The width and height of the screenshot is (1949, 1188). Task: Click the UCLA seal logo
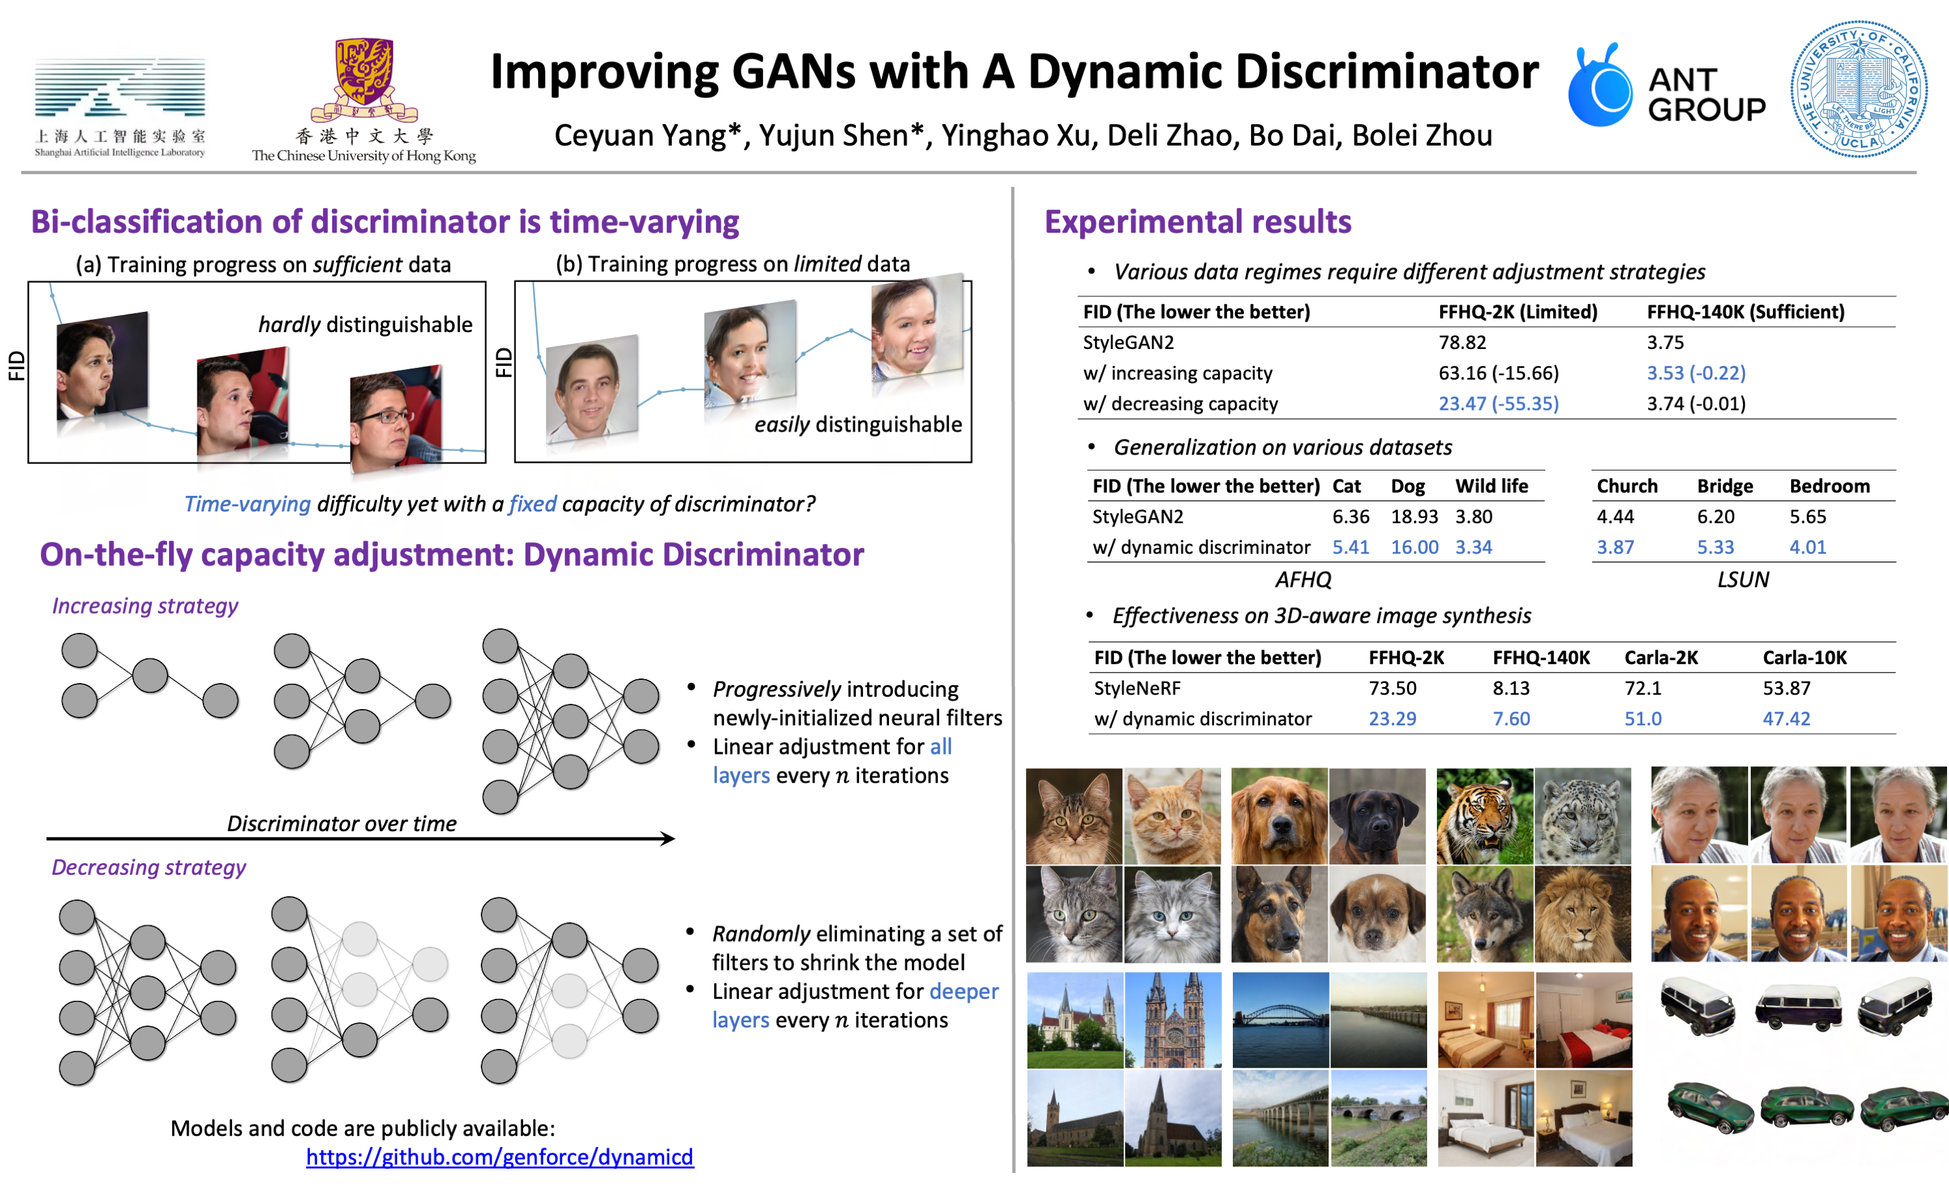1858,90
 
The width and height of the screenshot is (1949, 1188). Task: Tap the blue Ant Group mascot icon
1600,87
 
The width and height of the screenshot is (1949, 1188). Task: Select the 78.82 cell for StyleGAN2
1462,342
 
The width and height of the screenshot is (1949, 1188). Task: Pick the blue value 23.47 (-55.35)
1498,404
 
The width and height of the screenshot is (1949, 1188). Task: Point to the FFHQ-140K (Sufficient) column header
1745,312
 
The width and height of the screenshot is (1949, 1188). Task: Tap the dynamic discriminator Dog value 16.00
1414,547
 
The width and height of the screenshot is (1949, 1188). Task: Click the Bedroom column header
1829,485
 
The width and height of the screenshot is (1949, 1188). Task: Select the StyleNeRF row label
1137,688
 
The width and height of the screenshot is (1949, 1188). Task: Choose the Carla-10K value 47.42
1786,718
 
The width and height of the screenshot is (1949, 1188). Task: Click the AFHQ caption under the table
1303,580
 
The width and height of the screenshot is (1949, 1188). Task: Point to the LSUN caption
1742,580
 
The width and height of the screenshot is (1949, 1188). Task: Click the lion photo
1582,914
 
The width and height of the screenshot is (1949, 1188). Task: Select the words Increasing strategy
145,606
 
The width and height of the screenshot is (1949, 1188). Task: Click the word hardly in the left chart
289,324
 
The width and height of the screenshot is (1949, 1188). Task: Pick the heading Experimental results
1198,222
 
